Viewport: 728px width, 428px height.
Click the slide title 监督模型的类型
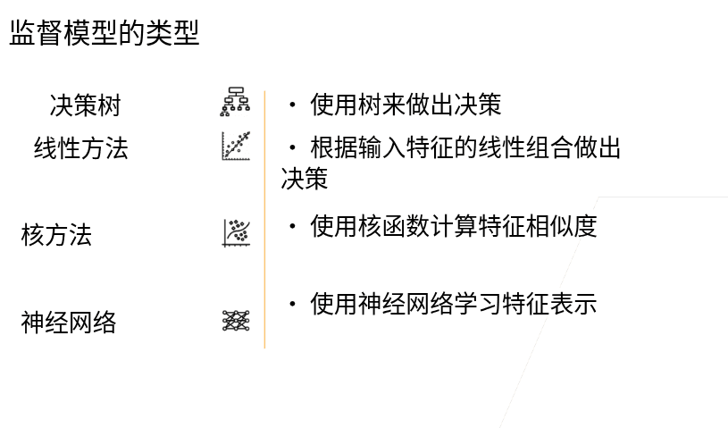tap(104, 34)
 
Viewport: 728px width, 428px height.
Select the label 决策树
tap(85, 106)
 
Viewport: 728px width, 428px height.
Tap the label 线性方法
tap(81, 148)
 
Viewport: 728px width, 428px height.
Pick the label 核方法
tap(56, 236)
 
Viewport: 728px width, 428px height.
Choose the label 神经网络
tap(69, 323)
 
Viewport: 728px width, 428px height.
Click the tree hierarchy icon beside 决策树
tap(236, 103)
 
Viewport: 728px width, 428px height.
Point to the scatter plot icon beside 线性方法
tap(236, 146)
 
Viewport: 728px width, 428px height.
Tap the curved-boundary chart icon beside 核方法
tap(236, 232)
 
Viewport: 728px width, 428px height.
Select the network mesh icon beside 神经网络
tap(236, 320)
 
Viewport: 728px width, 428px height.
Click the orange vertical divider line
tap(264, 219)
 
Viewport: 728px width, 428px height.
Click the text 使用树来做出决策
tap(406, 105)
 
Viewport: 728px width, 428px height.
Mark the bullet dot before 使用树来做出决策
tap(292, 105)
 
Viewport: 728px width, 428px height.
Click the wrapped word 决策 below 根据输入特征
tap(305, 179)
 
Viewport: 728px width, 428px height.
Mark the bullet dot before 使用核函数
tap(292, 227)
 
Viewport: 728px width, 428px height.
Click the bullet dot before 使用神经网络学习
tap(292, 305)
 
